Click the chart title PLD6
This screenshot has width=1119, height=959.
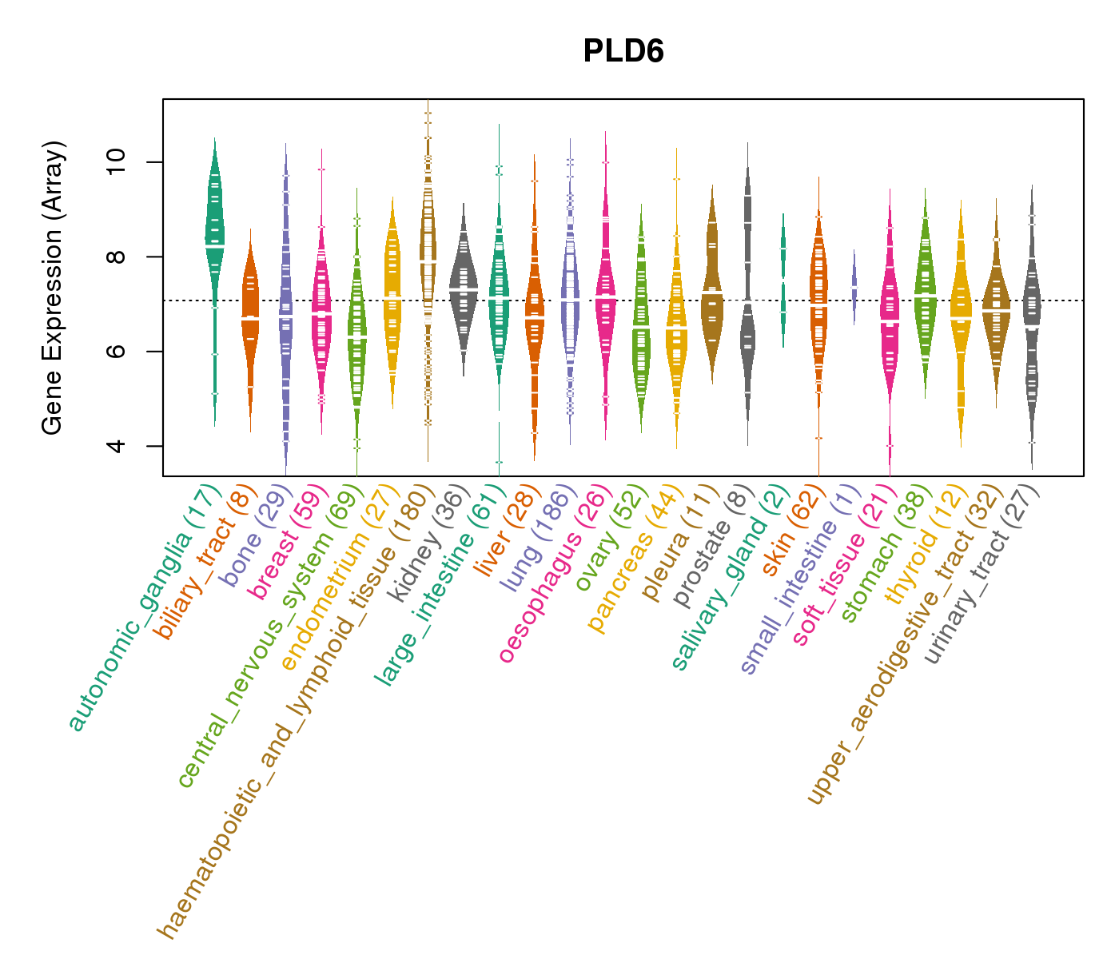(x=623, y=51)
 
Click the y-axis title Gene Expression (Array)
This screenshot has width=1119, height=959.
(x=53, y=288)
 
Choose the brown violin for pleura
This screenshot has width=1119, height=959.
(x=712, y=296)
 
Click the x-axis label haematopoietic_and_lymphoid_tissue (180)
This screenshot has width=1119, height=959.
(x=296, y=711)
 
